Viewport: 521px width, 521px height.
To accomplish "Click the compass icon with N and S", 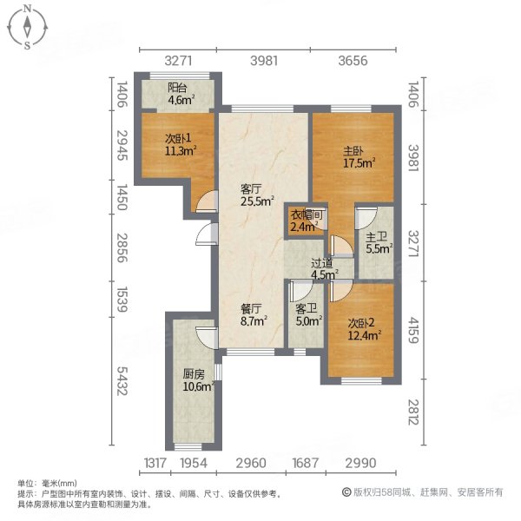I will click(28, 26).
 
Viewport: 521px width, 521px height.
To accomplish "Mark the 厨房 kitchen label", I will click(194, 374).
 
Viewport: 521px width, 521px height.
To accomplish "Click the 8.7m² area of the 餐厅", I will click(254, 320).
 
